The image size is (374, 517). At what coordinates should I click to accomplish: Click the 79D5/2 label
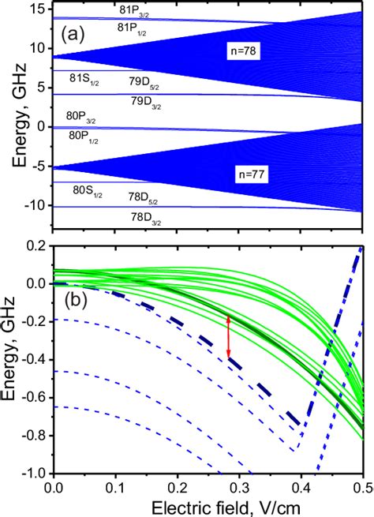click(x=147, y=82)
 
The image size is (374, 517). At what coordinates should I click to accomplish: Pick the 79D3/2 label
click(x=147, y=102)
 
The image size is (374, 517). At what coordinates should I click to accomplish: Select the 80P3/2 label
click(x=82, y=116)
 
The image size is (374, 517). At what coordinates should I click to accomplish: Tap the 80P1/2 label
click(x=82, y=136)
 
